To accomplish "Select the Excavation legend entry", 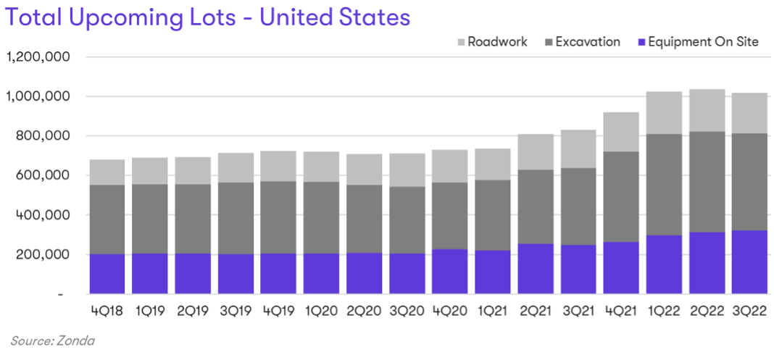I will pos(587,42).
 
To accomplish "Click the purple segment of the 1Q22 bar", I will pos(664,264).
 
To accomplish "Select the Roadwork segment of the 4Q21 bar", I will pos(621,132).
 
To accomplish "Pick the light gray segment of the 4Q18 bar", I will pos(107,172).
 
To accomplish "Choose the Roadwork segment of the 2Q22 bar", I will pos(707,110).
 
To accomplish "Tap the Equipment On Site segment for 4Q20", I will pos(449,272).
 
